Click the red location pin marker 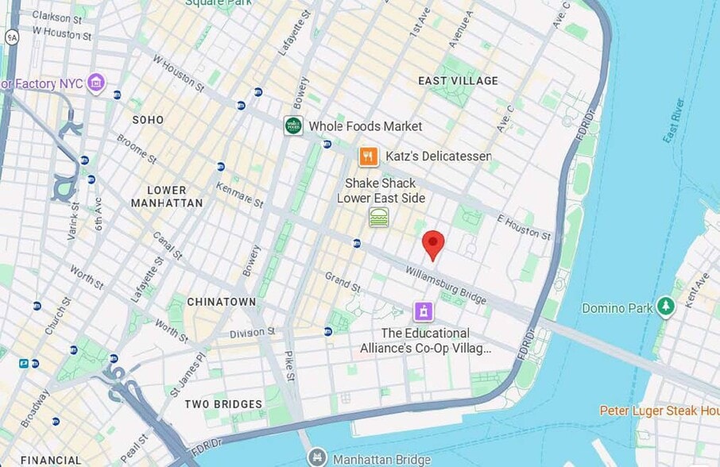coord(432,244)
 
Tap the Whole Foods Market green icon coord(293,125)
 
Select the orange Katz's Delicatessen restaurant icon coord(367,156)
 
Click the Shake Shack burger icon coord(378,217)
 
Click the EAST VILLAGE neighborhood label coord(458,81)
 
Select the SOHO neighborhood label coord(148,120)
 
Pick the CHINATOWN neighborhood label coord(221,302)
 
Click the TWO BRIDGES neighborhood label coord(223,404)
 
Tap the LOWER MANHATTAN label coord(167,196)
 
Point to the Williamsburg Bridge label coord(445,285)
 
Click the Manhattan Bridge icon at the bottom coord(316,457)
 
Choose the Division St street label coord(251,332)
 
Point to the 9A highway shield coord(11,37)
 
